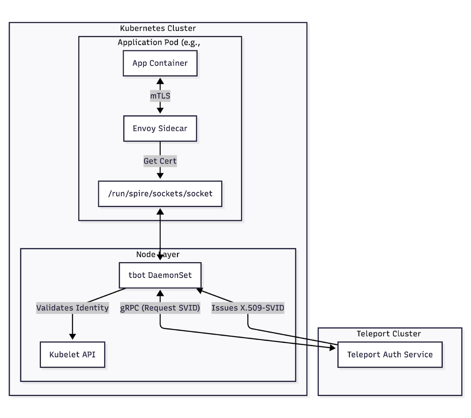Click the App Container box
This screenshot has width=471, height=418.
(160, 63)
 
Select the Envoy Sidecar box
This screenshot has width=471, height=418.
(160, 128)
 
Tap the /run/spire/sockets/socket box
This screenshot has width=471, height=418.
(160, 194)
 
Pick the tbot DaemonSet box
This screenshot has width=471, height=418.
(160, 275)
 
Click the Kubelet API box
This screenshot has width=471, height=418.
(72, 354)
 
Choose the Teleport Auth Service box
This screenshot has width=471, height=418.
(390, 354)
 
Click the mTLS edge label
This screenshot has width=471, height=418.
(160, 96)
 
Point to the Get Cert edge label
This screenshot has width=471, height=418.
(160, 161)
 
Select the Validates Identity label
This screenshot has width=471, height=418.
(72, 308)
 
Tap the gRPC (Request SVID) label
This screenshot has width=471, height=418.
(160, 308)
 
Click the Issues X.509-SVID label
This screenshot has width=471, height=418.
(248, 308)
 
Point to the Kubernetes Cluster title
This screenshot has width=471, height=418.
(158, 28)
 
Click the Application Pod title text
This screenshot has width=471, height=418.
(159, 42)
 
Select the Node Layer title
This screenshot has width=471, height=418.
(158, 254)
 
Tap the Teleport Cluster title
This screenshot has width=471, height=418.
(389, 334)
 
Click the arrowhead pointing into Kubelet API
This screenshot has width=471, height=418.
(72, 336)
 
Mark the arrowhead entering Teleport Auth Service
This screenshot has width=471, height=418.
(332, 347)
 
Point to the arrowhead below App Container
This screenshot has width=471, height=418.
(160, 81)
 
